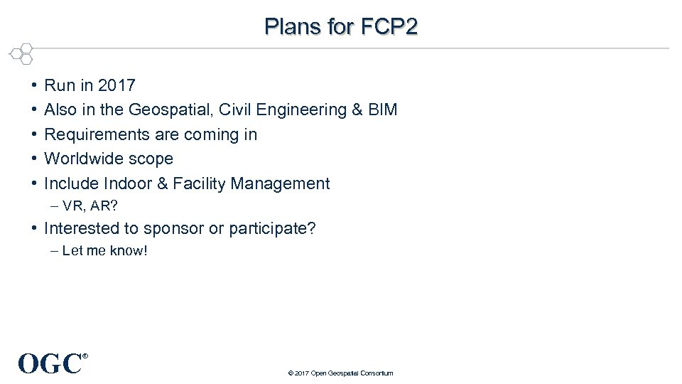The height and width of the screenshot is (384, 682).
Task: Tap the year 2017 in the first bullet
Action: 117,86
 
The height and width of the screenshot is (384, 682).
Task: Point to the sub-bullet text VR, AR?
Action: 90,207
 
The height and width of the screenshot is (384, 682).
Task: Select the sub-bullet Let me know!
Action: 104,251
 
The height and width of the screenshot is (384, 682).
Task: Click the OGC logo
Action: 50,363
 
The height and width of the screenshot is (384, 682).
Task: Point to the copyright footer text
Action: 340,373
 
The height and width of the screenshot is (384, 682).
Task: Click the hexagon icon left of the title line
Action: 23,54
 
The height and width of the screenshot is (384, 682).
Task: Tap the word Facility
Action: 197,183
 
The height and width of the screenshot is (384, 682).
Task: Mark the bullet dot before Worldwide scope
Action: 34,159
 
